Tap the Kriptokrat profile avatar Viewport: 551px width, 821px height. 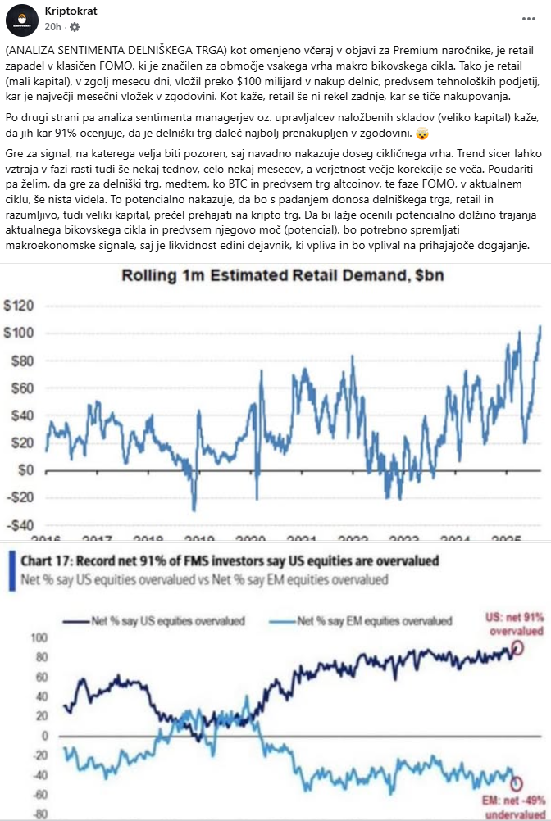pos(27,19)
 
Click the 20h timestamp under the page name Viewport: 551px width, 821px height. pos(52,26)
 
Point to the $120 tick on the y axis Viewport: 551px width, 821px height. pos(19,306)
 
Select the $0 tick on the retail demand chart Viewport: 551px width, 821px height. pos(25,470)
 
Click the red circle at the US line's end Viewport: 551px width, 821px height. pos(517,649)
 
